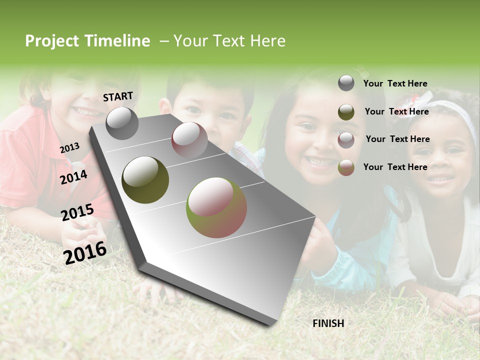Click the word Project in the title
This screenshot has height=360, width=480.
click(51, 41)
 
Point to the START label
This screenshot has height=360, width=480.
click(118, 96)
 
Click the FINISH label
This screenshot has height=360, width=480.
click(328, 323)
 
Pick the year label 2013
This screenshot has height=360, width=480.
click(69, 148)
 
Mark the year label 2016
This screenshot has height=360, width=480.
click(85, 252)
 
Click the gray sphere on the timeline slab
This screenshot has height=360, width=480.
click(122, 123)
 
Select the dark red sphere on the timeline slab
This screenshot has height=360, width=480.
click(189, 139)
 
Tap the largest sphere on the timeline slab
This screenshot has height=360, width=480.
click(216, 207)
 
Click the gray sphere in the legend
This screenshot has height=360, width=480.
click(346, 83)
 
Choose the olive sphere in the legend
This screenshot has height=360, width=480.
click(346, 112)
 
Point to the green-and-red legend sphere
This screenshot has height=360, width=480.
click(346, 167)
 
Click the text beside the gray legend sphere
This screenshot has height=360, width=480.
click(395, 84)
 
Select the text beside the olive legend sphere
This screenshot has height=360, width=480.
click(396, 111)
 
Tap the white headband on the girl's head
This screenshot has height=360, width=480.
click(456, 112)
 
